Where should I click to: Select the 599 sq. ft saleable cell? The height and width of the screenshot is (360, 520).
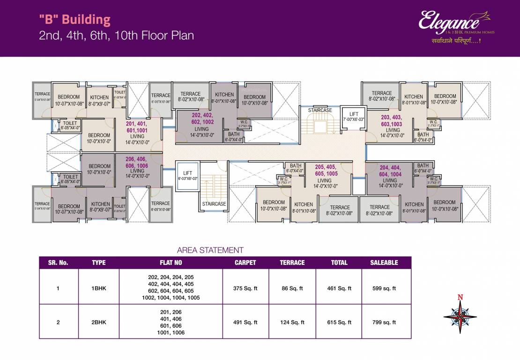[x=384, y=289]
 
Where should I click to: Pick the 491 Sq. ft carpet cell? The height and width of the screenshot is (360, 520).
[x=245, y=322]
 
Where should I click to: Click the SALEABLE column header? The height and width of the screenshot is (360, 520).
[x=384, y=262]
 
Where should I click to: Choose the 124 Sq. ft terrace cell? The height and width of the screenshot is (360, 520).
[x=292, y=322]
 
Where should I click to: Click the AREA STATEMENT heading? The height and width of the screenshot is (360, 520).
[x=210, y=250]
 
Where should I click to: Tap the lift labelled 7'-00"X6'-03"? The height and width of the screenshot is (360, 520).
[x=354, y=117]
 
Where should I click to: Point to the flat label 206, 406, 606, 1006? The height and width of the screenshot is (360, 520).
[x=137, y=163]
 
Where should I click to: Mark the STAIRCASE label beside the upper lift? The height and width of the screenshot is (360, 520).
[x=320, y=110]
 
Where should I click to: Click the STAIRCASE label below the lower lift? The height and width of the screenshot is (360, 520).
[x=214, y=204]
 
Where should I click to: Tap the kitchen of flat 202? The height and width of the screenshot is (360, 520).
[x=224, y=97]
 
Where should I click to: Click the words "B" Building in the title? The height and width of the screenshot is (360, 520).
[x=75, y=20]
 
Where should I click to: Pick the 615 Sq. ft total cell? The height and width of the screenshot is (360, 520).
[x=339, y=322]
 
